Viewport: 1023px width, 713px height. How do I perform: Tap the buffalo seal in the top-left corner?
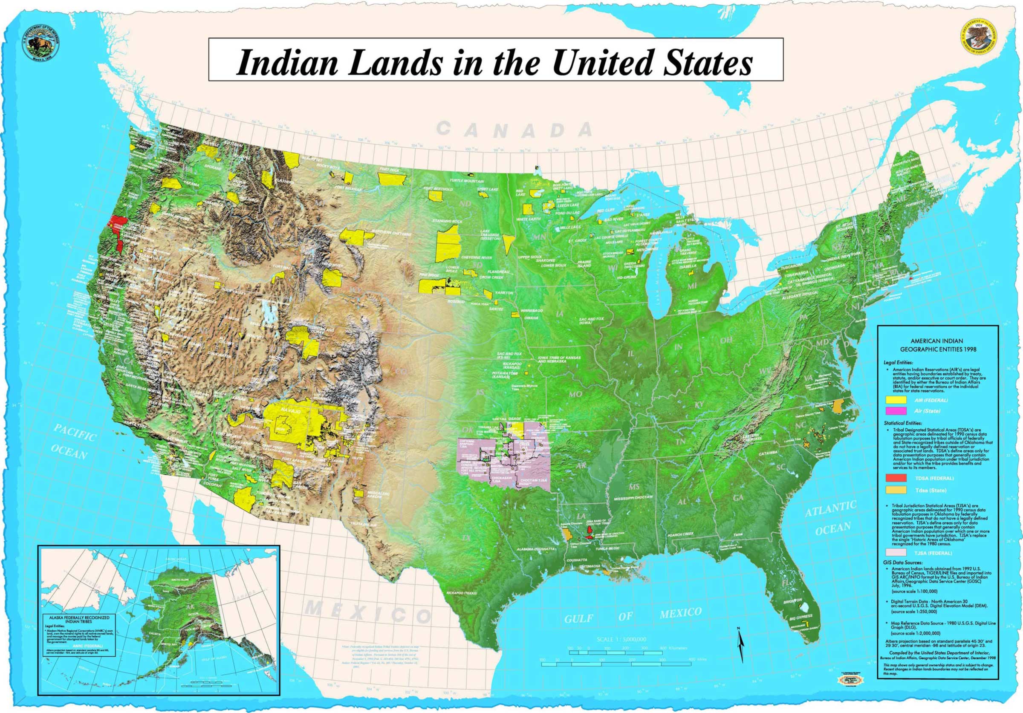click(x=40, y=46)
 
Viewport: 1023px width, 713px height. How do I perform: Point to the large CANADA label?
click(x=514, y=130)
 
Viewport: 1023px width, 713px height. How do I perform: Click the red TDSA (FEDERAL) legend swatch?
click(x=894, y=478)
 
